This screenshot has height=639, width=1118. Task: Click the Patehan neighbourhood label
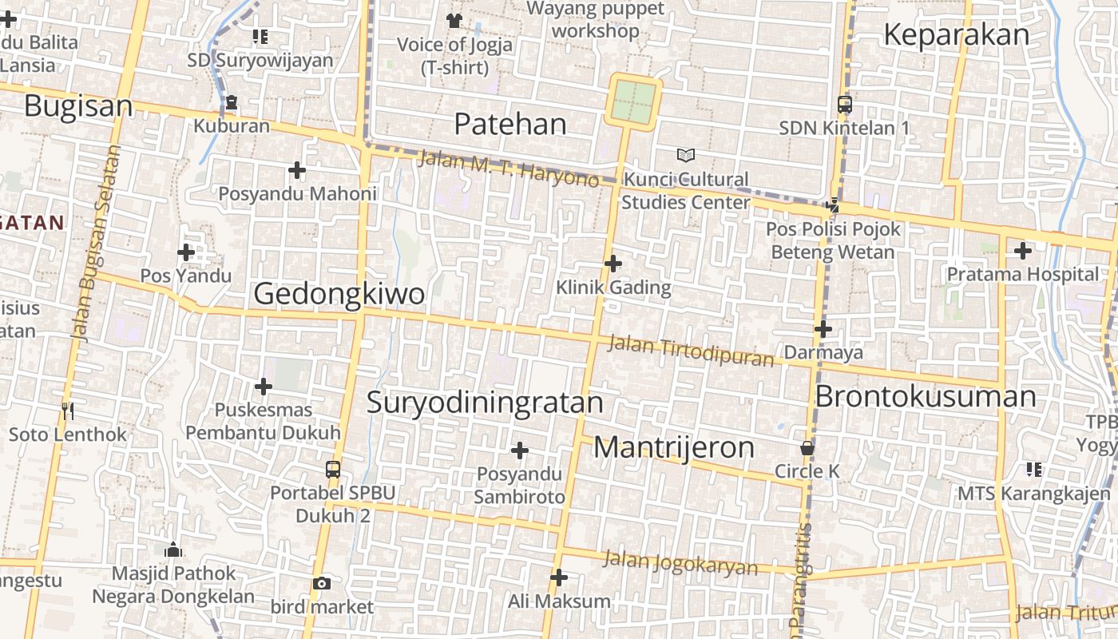point(510,124)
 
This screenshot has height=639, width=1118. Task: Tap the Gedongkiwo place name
point(339,294)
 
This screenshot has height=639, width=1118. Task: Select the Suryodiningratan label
point(485,403)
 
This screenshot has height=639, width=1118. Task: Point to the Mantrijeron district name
point(674,447)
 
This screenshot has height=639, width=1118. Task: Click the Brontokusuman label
point(926,397)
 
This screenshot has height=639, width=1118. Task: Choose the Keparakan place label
point(957,35)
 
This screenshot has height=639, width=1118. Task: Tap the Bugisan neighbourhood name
point(78,105)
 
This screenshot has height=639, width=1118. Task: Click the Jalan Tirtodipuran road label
point(691,351)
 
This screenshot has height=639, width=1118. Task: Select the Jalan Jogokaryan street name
point(680,562)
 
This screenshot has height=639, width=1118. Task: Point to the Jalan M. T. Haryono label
point(508,169)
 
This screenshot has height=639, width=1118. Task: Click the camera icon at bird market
point(322,584)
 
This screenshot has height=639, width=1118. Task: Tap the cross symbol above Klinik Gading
point(613,263)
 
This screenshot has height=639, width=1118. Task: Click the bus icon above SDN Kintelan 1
point(844,104)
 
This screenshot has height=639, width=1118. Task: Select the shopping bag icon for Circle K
point(807,448)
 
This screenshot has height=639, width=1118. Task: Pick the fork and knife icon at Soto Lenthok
point(68,411)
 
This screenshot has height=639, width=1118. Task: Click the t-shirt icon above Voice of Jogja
point(454,20)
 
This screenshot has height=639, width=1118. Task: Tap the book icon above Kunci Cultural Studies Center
point(686,155)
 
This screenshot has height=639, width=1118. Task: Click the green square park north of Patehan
point(633,101)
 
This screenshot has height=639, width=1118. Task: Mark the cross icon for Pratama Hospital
point(1022,251)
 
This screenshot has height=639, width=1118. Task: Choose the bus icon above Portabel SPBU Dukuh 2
point(333,470)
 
